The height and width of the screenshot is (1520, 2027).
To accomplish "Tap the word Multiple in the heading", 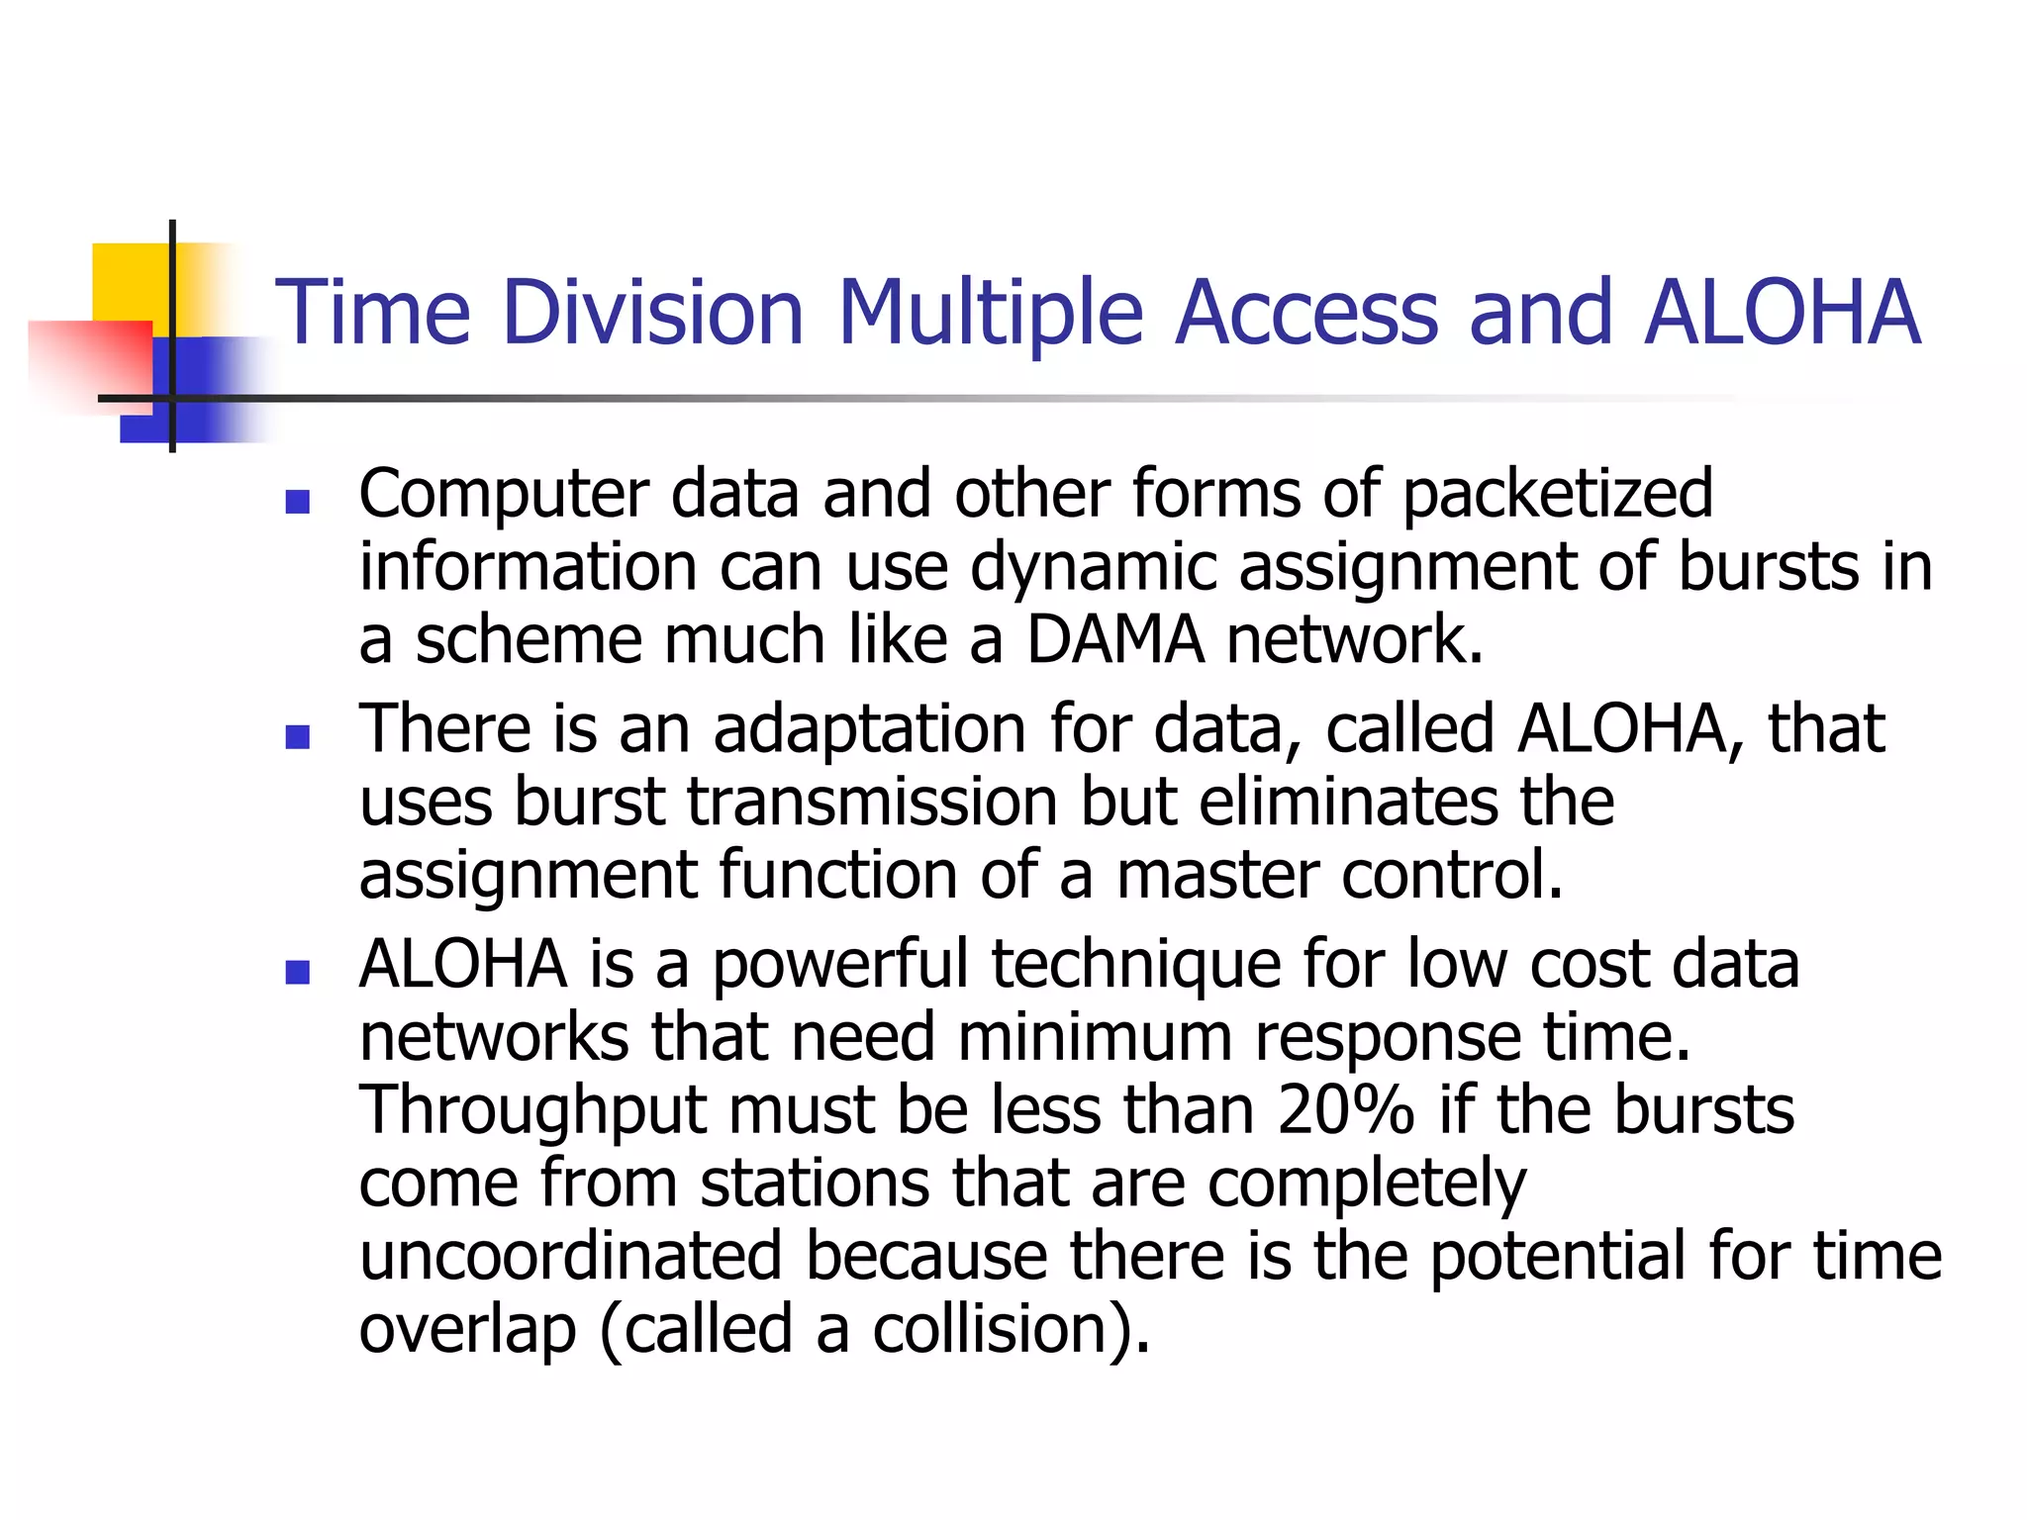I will pyautogui.click(x=991, y=315).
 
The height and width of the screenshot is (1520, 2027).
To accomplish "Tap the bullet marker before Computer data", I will pyautogui.click(x=297, y=502).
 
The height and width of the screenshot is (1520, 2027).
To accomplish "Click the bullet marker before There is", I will pyautogui.click(x=297, y=737).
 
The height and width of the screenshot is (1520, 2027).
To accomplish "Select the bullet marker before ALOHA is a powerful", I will pyautogui.click(x=297, y=973).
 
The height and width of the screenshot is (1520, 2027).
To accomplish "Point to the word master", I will pyautogui.click(x=1217, y=875).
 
